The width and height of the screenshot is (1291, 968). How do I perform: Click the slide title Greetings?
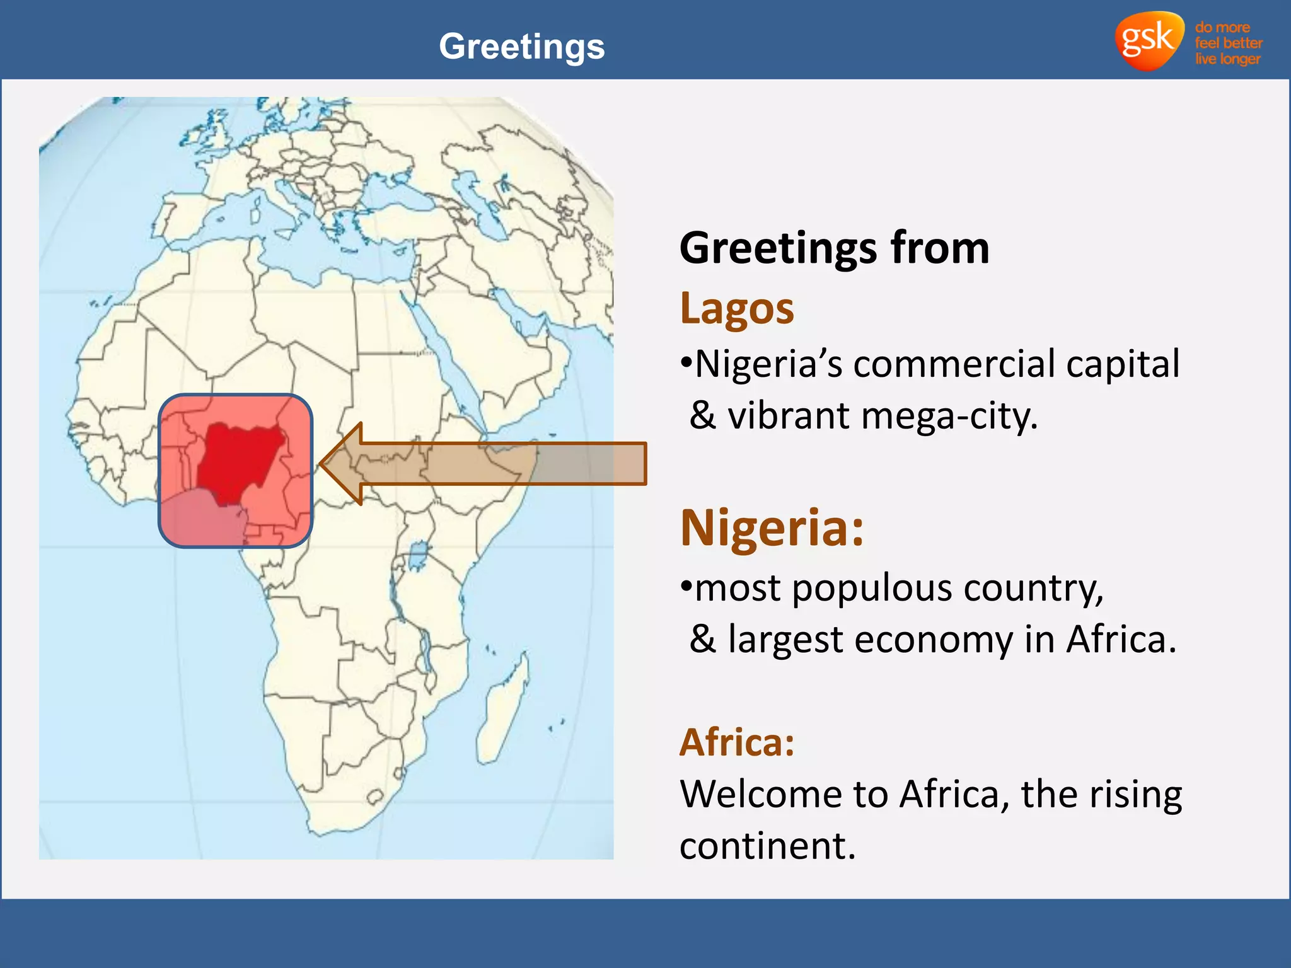click(x=521, y=47)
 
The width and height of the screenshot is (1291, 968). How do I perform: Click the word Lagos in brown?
click(x=737, y=309)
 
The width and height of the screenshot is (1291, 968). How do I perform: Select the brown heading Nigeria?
click(x=772, y=528)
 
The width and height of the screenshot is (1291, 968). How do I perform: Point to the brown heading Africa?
click(x=737, y=742)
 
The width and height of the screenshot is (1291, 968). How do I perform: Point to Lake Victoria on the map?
click(x=417, y=556)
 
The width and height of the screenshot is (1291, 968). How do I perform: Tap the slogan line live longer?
click(x=1227, y=59)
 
